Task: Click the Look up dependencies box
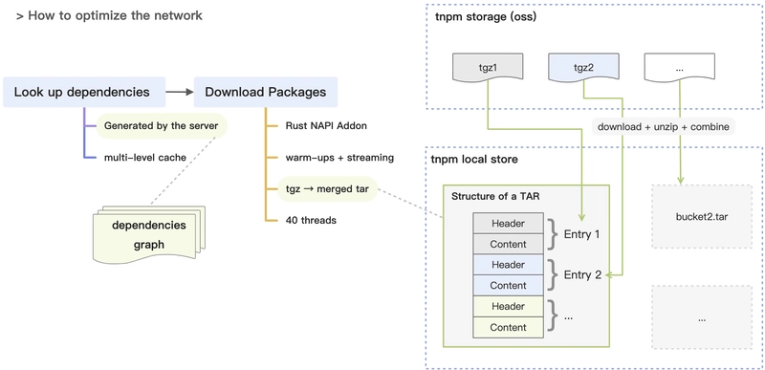click(84, 92)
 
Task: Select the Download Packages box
click(266, 92)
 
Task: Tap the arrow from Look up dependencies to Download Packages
click(180, 92)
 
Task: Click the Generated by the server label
click(161, 126)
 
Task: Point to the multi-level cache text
click(145, 157)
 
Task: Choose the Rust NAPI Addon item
click(326, 126)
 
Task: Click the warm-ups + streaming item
click(339, 158)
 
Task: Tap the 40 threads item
click(311, 220)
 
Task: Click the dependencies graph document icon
click(149, 234)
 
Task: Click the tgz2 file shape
click(584, 69)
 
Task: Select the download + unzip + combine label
click(664, 127)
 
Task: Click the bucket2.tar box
click(702, 217)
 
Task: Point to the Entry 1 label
click(582, 234)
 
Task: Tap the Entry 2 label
click(582, 275)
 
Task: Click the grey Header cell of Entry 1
click(508, 224)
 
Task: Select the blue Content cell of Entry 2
click(508, 285)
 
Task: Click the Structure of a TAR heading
click(494, 197)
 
